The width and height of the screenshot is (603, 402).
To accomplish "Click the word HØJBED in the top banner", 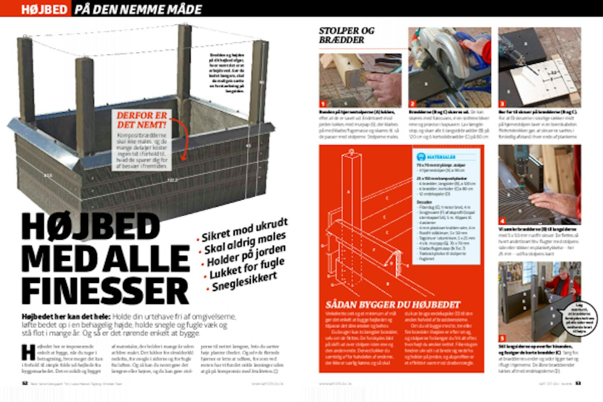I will coord(44,9).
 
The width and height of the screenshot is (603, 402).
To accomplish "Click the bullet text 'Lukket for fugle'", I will coord(247,269).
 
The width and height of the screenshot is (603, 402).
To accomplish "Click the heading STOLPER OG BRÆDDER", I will coord(347,35).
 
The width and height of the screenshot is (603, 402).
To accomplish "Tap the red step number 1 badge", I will coord(322,104).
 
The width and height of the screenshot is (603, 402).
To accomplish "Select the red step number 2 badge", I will coord(412,104).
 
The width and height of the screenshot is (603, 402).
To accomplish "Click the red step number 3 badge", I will coord(502,104).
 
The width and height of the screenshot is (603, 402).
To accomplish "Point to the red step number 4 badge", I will coord(502,221).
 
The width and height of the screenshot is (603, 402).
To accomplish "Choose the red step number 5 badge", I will coord(502,338).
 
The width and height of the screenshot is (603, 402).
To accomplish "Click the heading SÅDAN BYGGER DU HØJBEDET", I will coord(394,304).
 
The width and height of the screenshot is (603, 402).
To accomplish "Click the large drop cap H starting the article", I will coord(28,351).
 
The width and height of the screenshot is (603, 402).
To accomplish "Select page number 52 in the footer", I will coord(25,383).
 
